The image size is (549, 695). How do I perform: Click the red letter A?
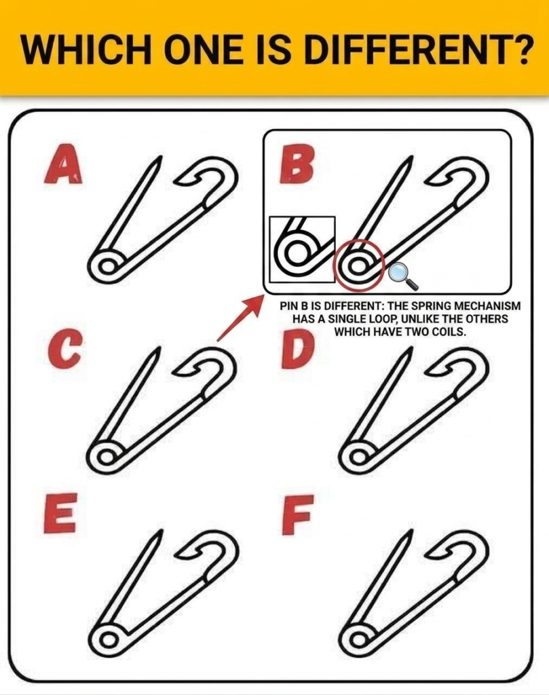pos(63,165)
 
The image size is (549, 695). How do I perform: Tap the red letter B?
pos(297,165)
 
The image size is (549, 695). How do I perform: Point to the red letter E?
pos(60,512)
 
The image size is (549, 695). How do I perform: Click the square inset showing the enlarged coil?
pos(302,249)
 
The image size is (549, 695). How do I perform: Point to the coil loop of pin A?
pos(107,266)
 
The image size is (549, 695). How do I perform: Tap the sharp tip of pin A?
pos(157,159)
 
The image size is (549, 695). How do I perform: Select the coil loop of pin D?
pos(359,456)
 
